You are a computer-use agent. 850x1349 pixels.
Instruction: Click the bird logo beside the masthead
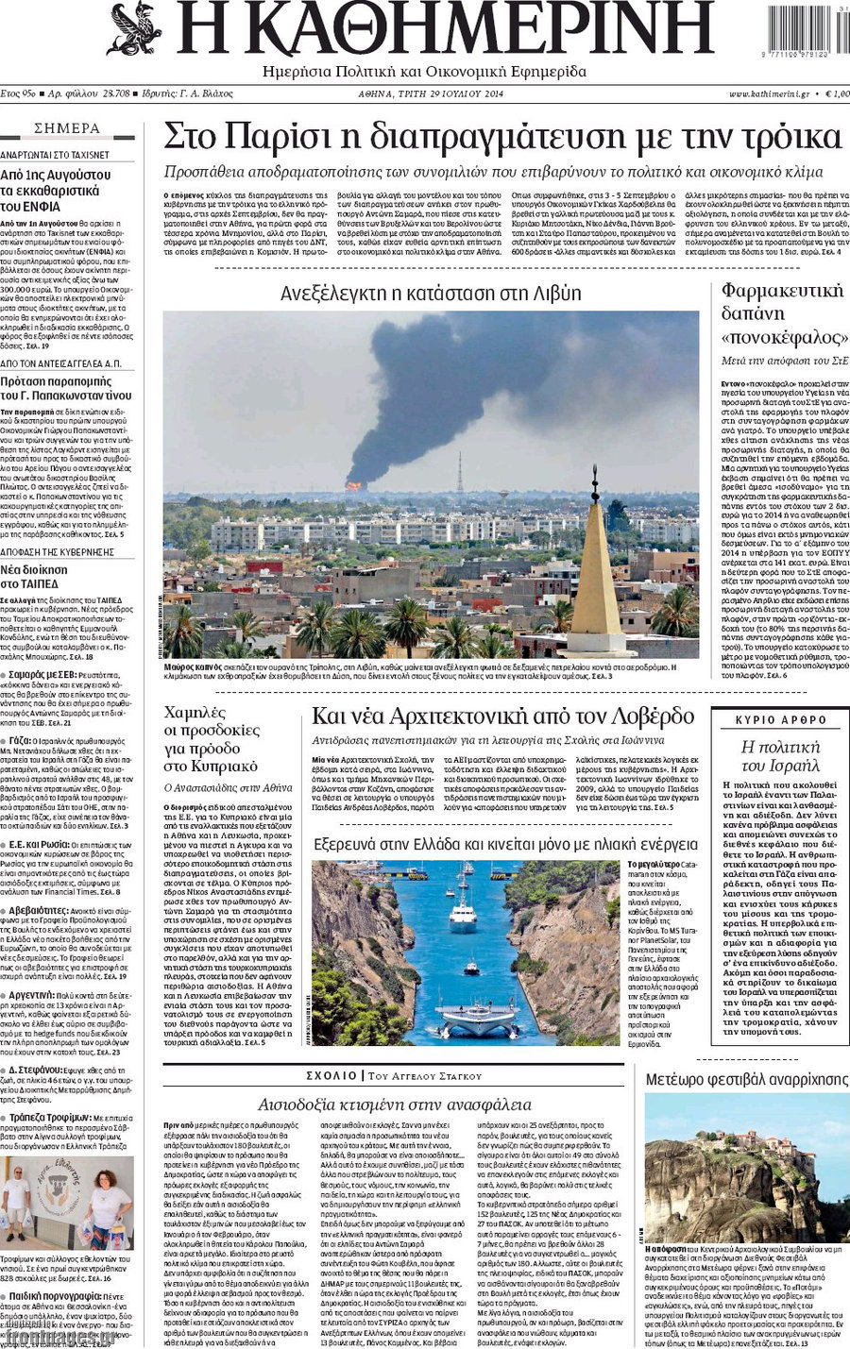134,28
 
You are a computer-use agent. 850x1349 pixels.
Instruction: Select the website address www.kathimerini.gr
768,94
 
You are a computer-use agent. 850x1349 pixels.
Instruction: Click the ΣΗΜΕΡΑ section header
66,128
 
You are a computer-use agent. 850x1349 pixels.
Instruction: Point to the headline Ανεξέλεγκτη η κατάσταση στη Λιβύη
431,293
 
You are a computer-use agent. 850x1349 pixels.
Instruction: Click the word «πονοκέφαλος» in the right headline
783,337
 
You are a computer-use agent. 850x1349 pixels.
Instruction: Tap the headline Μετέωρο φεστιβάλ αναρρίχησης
746,1079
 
